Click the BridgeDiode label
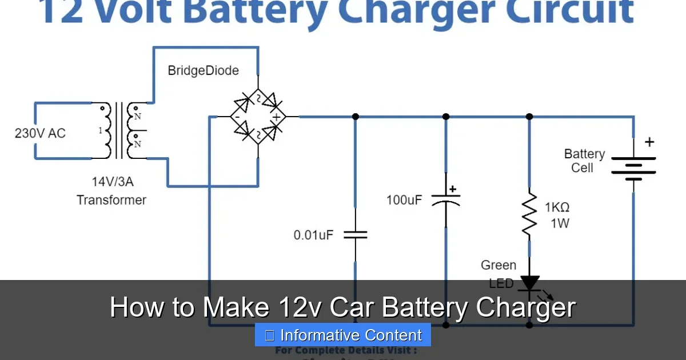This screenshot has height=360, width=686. click(203, 71)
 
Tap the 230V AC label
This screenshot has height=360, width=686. click(40, 133)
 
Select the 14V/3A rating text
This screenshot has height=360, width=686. click(112, 182)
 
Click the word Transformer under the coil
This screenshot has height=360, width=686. click(111, 200)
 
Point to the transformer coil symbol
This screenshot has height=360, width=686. click(119, 131)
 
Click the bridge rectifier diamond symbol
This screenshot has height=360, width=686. click(258, 117)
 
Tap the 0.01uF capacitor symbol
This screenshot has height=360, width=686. click(355, 234)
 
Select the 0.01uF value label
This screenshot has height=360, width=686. click(313, 235)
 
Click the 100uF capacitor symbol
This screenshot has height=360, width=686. click(446, 199)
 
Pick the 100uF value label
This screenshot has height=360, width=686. click(404, 201)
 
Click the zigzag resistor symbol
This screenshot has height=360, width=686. click(529, 215)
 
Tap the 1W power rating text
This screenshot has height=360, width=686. click(560, 223)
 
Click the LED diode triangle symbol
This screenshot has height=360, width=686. click(529, 282)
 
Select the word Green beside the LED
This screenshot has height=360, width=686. click(498, 265)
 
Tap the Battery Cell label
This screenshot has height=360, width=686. click(584, 161)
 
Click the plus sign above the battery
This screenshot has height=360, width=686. click(649, 142)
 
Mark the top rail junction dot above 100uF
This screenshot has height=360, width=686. click(446, 117)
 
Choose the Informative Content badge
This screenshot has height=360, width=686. click(343, 335)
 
